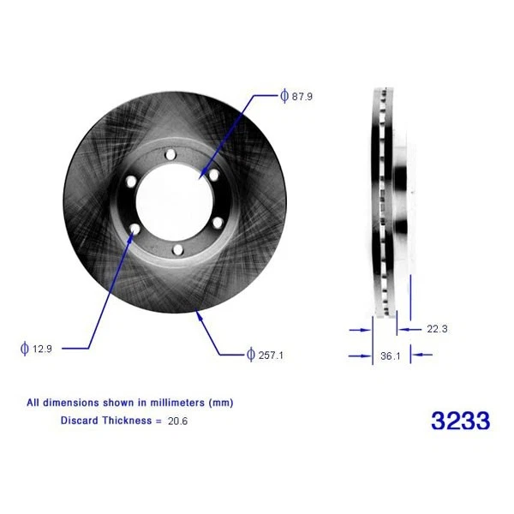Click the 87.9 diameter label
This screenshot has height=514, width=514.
(302, 97)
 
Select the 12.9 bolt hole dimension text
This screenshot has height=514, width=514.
(42, 348)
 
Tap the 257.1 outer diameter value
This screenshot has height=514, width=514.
(271, 354)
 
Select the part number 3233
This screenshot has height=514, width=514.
(460, 421)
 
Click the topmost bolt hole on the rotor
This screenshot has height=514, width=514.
(169, 154)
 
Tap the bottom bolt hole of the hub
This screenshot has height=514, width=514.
(176, 249)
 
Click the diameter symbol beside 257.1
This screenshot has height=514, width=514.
(250, 354)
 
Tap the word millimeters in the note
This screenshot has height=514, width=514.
(181, 402)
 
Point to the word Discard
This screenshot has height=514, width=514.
(80, 420)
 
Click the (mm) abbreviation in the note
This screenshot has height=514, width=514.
(221, 402)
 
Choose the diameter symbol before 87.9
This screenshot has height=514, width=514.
(284, 97)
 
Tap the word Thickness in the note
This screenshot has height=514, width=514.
(127, 420)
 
